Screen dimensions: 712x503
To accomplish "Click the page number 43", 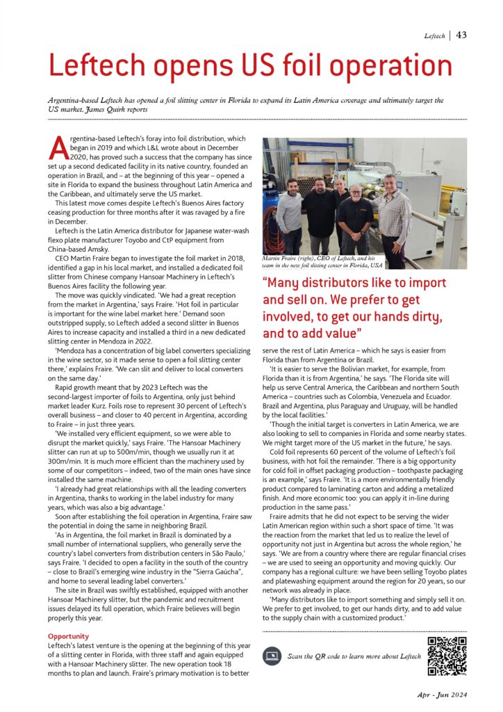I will point(461,35).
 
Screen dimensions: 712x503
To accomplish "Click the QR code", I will point(445,656).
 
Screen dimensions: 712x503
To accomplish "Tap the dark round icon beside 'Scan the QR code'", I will point(272,656).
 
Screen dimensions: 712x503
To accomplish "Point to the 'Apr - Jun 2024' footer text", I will point(443,695).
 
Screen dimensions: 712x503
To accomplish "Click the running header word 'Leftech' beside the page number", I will point(434,36).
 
